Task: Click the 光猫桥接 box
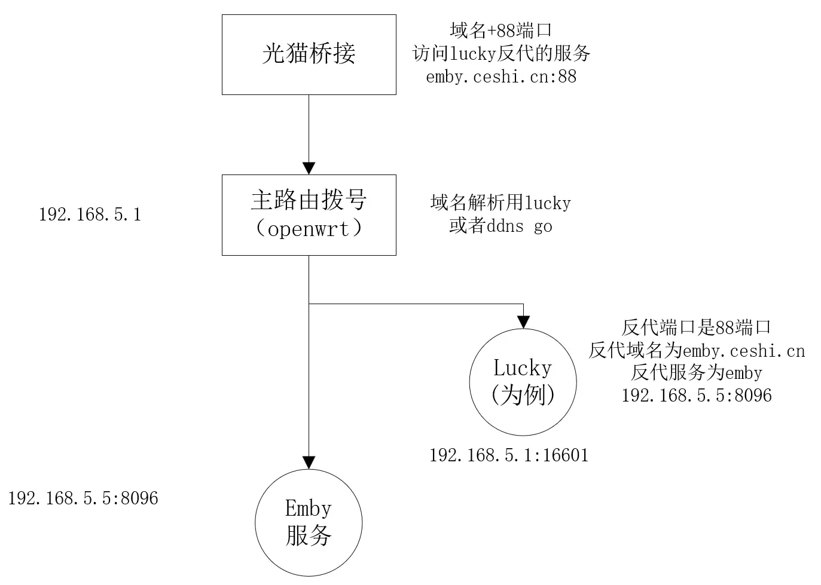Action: [309, 54]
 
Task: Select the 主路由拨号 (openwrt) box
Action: [309, 215]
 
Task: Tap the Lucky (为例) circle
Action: [523, 382]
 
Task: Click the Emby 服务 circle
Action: [309, 522]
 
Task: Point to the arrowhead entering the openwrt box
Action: [309, 167]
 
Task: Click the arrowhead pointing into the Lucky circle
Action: [523, 322]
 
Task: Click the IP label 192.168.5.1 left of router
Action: [90, 215]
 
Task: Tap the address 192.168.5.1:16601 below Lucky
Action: [509, 455]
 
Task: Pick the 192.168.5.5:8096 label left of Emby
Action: [83, 498]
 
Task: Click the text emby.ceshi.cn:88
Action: [501, 76]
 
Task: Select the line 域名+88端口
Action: [501, 30]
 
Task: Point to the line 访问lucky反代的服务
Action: [501, 54]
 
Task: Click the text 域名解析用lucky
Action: [500, 203]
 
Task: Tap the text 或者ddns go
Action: [500, 226]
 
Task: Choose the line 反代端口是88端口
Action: [697, 327]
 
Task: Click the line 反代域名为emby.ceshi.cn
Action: [697, 350]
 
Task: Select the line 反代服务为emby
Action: [697, 373]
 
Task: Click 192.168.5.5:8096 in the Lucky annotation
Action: [697, 396]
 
